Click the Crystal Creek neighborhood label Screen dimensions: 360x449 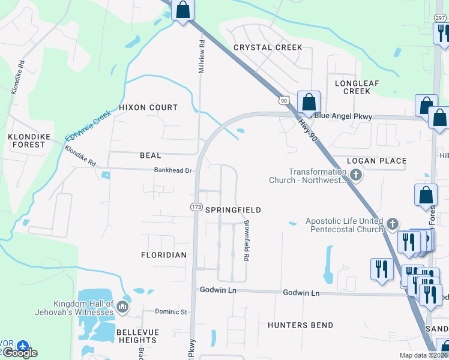[268, 47]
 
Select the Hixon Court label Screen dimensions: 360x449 [148, 107]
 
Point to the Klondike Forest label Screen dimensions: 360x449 [27, 140]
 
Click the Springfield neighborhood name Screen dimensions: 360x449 [233, 210]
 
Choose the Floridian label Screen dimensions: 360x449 [164, 255]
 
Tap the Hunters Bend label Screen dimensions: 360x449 [301, 325]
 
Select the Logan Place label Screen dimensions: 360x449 [378, 161]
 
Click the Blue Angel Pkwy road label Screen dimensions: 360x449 [351, 116]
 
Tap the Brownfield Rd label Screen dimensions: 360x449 [246, 240]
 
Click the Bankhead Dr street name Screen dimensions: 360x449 [172, 171]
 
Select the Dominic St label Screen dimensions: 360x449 [172, 312]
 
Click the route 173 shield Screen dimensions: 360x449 [196, 207]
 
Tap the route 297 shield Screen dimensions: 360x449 [441, 18]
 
